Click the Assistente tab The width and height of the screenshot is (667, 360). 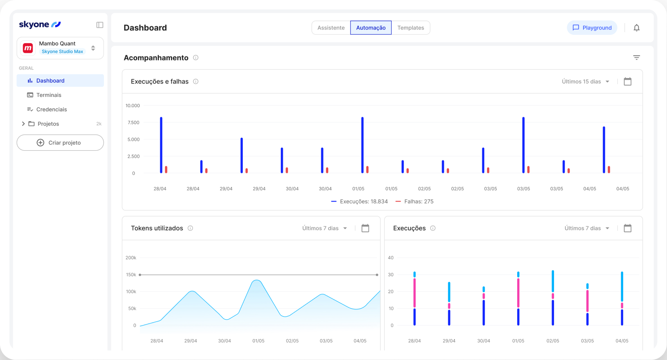coord(331,28)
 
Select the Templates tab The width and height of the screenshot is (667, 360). coord(411,28)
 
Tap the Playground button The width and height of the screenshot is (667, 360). coord(592,28)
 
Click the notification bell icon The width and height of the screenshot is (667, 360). coord(636,28)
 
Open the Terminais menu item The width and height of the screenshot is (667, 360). coord(49,95)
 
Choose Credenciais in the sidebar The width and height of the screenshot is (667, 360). coord(51,109)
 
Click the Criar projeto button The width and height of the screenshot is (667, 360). coord(60,143)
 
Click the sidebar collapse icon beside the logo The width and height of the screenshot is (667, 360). coord(100,25)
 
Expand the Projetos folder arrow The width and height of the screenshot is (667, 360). coord(23,124)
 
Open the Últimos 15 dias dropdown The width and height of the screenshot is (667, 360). coord(585,82)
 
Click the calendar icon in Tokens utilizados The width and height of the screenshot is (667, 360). coord(365,228)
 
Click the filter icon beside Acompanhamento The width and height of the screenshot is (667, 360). coord(636,58)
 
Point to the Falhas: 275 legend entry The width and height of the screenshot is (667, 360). coord(415,202)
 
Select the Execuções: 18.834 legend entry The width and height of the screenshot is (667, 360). coord(360,202)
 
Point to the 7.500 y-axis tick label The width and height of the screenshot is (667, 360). coord(133,123)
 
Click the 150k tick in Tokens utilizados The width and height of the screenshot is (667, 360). coord(131,275)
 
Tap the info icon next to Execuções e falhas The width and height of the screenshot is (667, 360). coord(196,82)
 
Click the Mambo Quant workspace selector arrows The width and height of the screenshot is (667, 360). coord(93,48)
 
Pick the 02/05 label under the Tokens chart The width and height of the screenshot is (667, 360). coord(292,341)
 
